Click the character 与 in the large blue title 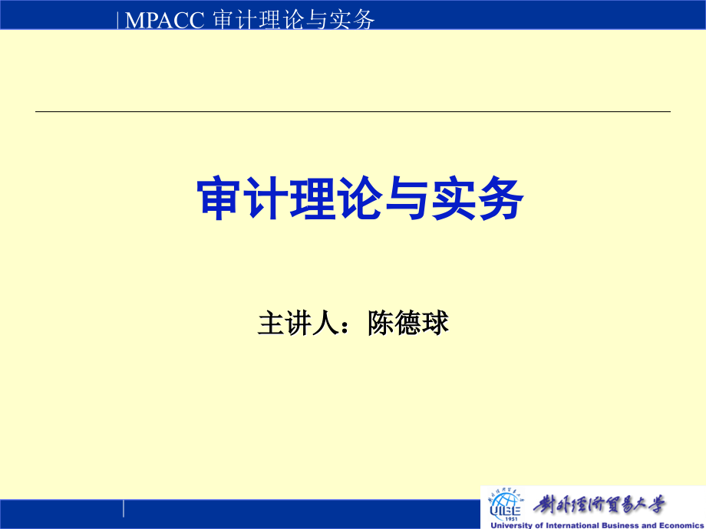click(407, 200)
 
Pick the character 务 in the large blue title click(500, 200)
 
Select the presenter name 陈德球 click(407, 324)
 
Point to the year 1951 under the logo click(504, 517)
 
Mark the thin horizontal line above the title click(353, 112)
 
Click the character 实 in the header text click(340, 21)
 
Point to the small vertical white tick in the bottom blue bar click(124, 508)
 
